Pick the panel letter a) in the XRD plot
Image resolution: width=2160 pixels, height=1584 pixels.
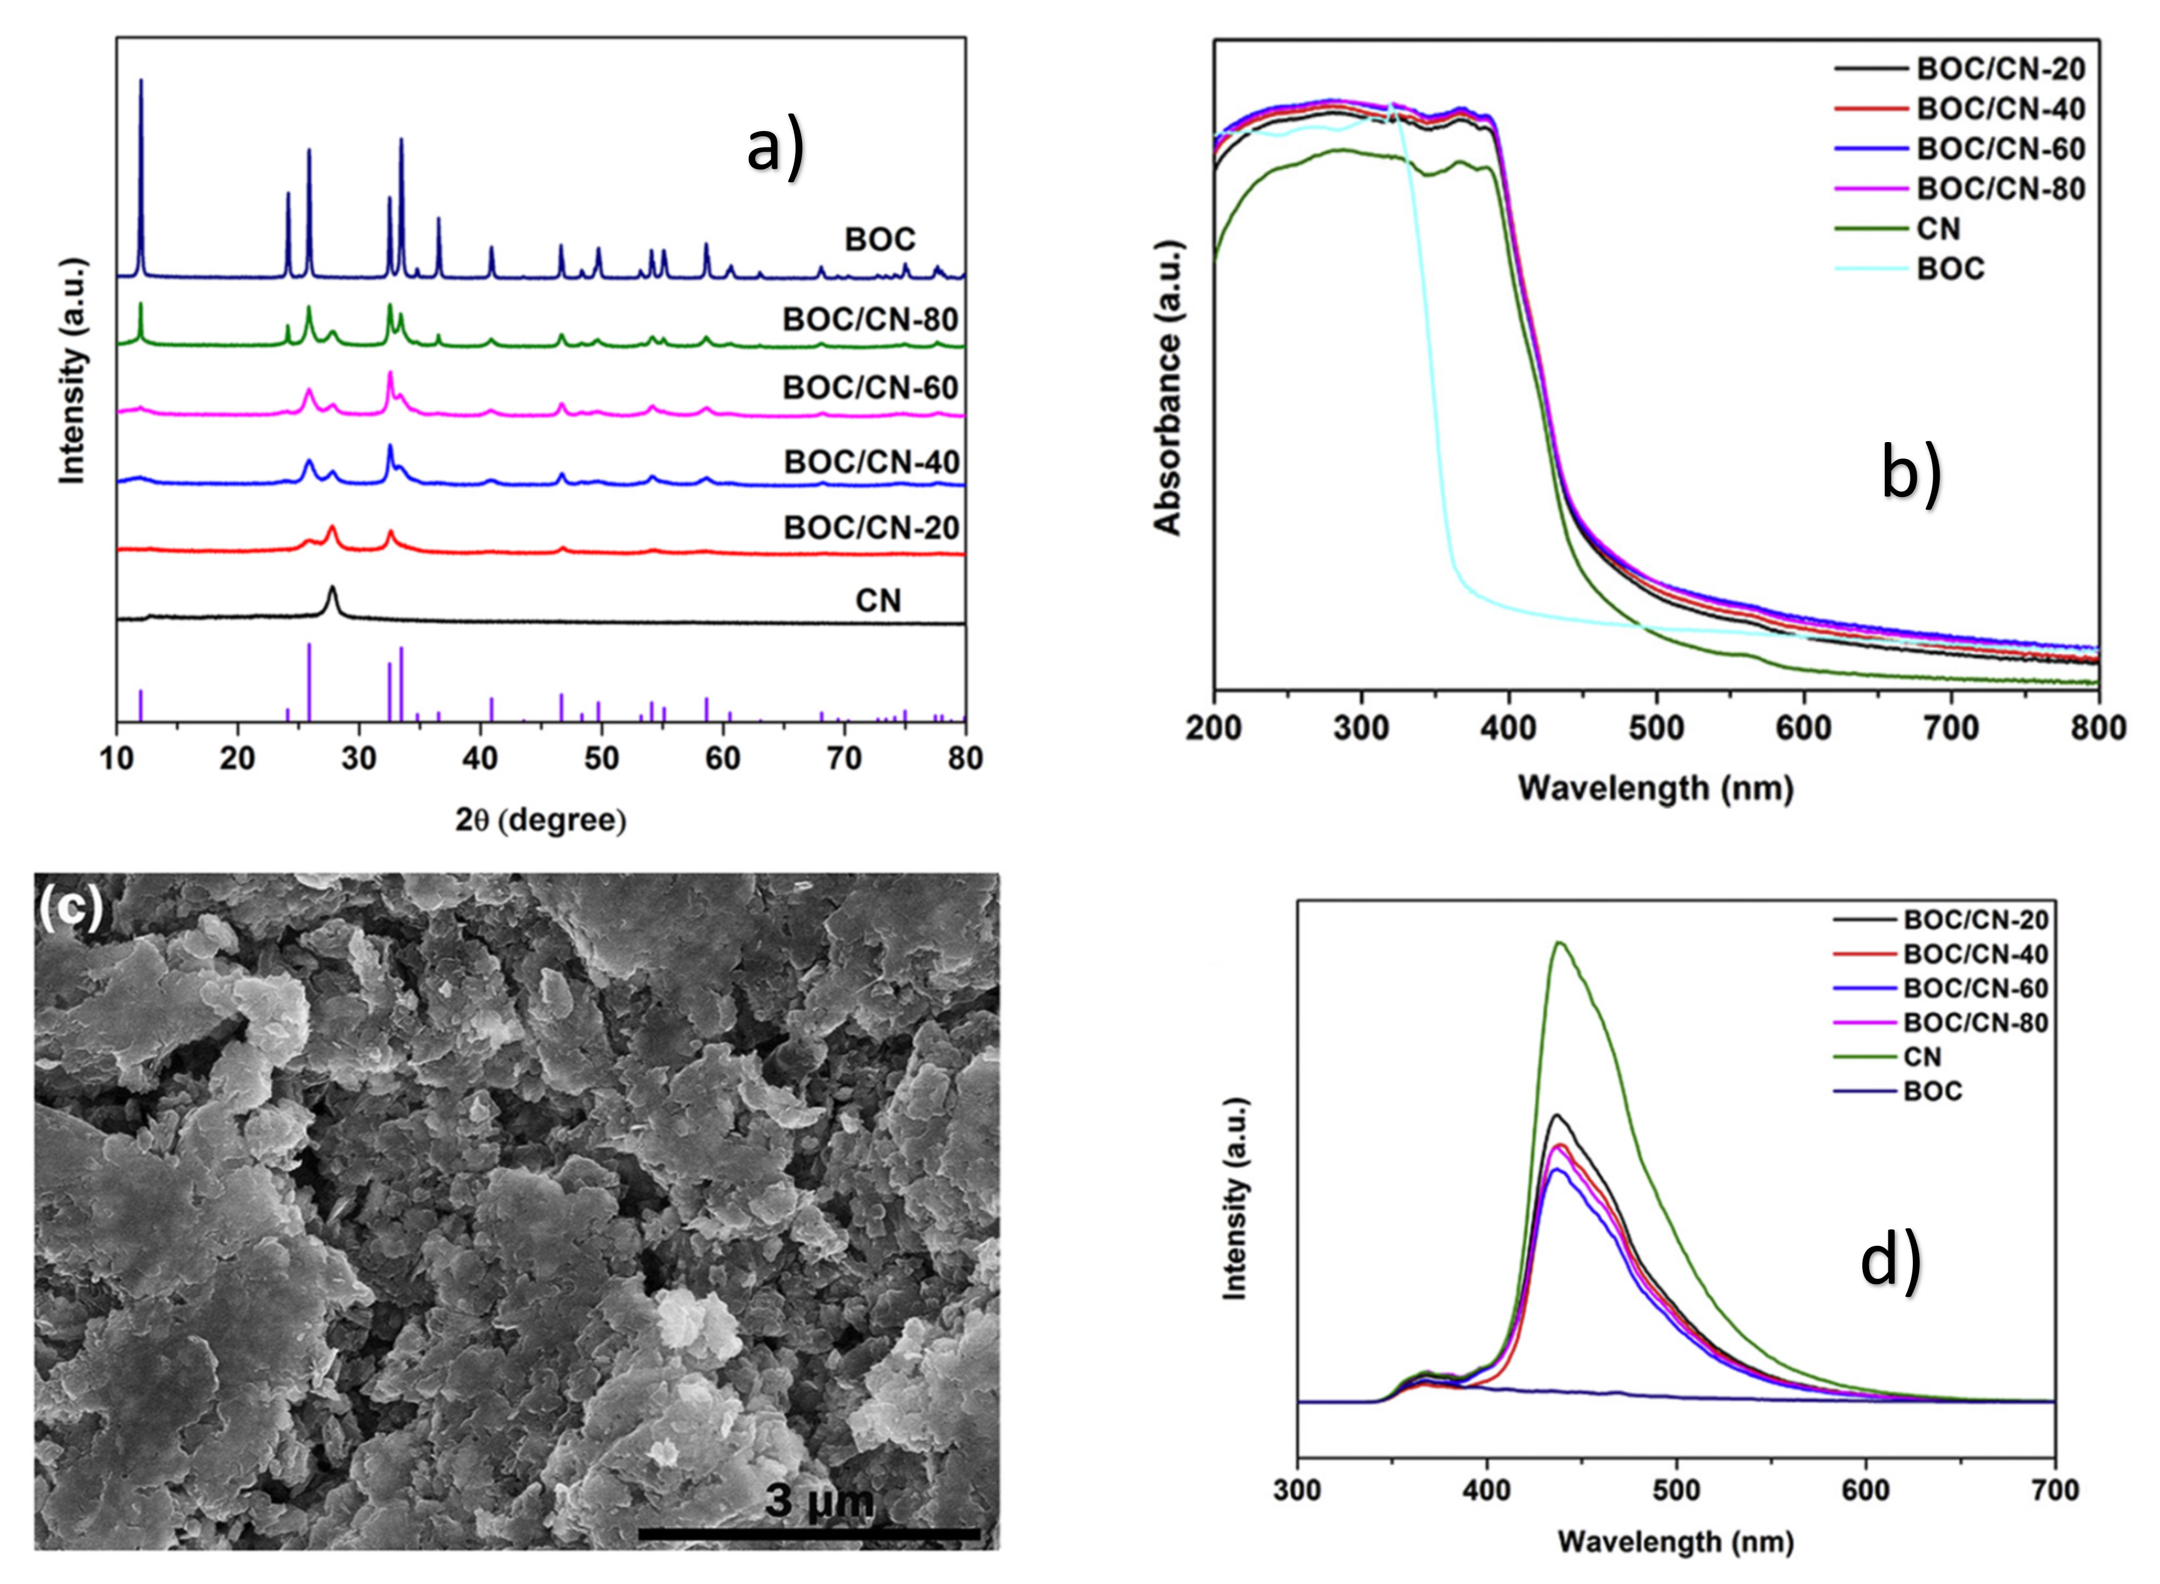pyautogui.click(x=775, y=151)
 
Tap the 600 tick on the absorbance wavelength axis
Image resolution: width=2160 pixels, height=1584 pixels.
pyautogui.click(x=1804, y=729)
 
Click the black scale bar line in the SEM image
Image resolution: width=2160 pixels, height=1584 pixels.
pyautogui.click(x=808, y=1534)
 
